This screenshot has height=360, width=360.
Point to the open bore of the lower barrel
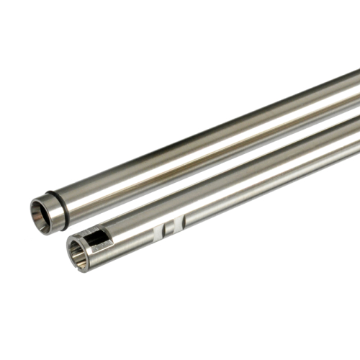(78, 255)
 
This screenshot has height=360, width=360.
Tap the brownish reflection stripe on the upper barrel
(216, 148)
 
